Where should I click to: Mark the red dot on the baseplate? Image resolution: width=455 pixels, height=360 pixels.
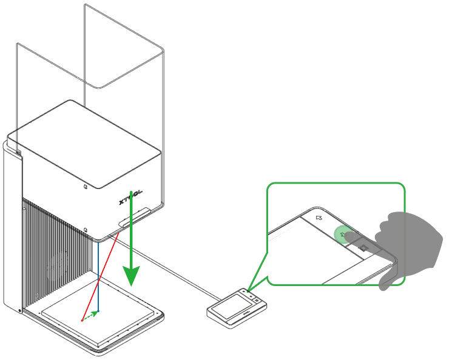[x=83, y=319]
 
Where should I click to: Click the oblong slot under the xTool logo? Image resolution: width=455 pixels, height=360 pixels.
[x=136, y=216]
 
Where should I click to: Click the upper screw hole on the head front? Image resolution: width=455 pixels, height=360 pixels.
[x=86, y=186]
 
